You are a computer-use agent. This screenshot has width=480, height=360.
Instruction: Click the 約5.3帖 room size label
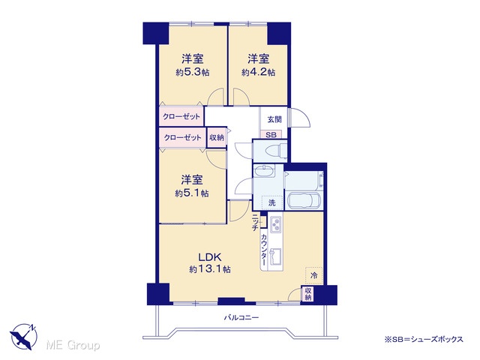point(192,73)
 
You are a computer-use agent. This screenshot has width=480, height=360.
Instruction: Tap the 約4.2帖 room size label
point(258,73)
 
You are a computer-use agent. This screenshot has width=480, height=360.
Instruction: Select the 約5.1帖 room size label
point(192,193)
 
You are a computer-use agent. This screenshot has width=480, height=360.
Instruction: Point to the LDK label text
point(210,256)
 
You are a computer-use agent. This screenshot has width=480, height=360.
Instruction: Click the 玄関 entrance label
point(274,119)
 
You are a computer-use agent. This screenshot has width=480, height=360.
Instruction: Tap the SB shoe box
point(271,135)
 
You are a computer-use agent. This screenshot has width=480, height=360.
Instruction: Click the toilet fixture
point(276,151)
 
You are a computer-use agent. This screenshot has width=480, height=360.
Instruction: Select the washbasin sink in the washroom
point(264,171)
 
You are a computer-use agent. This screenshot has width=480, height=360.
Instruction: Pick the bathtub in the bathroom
point(303,201)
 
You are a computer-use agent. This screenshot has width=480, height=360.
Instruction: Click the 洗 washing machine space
point(271,202)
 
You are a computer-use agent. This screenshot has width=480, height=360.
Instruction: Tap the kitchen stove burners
point(276,224)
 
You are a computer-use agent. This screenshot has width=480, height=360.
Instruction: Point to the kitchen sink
point(276,256)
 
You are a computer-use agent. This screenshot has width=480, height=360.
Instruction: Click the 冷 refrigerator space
point(313,275)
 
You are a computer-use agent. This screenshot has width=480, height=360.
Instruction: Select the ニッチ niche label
point(255,222)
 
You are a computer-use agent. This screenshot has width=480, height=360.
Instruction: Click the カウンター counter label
point(263,250)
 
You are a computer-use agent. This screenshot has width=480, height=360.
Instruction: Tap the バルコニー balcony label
point(241,317)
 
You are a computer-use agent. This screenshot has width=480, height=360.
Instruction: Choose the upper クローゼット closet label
point(181,117)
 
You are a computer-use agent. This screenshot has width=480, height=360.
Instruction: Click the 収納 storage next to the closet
point(217,137)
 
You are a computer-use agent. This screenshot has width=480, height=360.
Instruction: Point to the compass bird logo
point(23,337)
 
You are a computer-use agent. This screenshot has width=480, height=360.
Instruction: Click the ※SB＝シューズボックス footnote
point(424,339)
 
